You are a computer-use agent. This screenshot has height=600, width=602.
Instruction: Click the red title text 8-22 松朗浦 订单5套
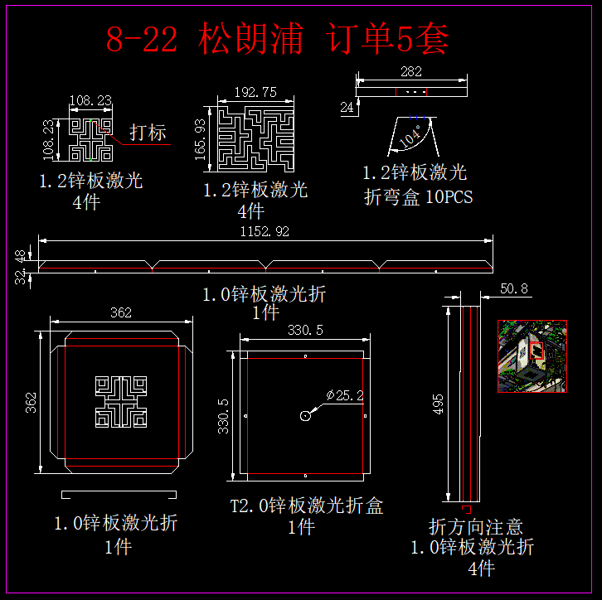tap(278, 39)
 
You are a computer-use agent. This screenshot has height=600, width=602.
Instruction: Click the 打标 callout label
tap(148, 133)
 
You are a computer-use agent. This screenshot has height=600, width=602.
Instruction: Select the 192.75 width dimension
tap(255, 93)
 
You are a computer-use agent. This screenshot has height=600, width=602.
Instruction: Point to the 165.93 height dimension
tap(200, 138)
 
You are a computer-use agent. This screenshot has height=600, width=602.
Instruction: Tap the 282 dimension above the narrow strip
tap(410, 72)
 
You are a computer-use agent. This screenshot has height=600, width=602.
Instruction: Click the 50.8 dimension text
tap(515, 289)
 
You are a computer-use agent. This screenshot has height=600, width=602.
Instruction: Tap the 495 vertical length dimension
tap(439, 403)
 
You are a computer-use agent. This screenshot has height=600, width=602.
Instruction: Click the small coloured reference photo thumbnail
tap(532, 356)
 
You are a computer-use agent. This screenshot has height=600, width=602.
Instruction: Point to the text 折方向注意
tap(475, 527)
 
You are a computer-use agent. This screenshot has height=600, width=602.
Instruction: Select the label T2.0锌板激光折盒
tap(307, 506)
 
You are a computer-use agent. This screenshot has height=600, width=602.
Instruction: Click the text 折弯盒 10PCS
tap(418, 197)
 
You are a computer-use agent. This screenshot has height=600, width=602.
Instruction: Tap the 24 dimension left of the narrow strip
tap(347, 107)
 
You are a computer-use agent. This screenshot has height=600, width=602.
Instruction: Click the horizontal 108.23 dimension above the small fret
tap(90, 101)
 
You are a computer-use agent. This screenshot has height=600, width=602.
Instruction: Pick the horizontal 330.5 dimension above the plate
tap(304, 331)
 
